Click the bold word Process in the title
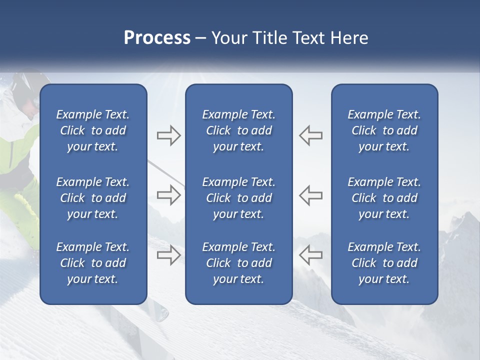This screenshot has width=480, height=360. tap(157, 38)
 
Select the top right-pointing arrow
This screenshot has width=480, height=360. tap(168, 135)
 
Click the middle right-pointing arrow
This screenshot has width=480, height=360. tap(168, 195)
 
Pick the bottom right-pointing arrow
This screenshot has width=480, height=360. tap(168, 255)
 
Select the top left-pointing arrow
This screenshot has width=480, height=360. tap(310, 135)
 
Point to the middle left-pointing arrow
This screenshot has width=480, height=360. tap(310, 195)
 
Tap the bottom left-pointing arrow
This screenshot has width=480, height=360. tap(310, 255)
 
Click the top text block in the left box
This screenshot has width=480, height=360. tap(93, 130)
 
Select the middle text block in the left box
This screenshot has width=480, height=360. tap(93, 198)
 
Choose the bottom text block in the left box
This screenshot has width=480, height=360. tap(93, 263)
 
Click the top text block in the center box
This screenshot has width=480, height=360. tap(238, 130)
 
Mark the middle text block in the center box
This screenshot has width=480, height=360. tap(238, 198)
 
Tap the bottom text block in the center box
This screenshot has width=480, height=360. tap(238, 263)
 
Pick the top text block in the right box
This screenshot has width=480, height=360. tap(384, 130)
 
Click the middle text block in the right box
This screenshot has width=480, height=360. tap(384, 198)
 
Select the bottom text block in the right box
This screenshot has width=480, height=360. tap(384, 263)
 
